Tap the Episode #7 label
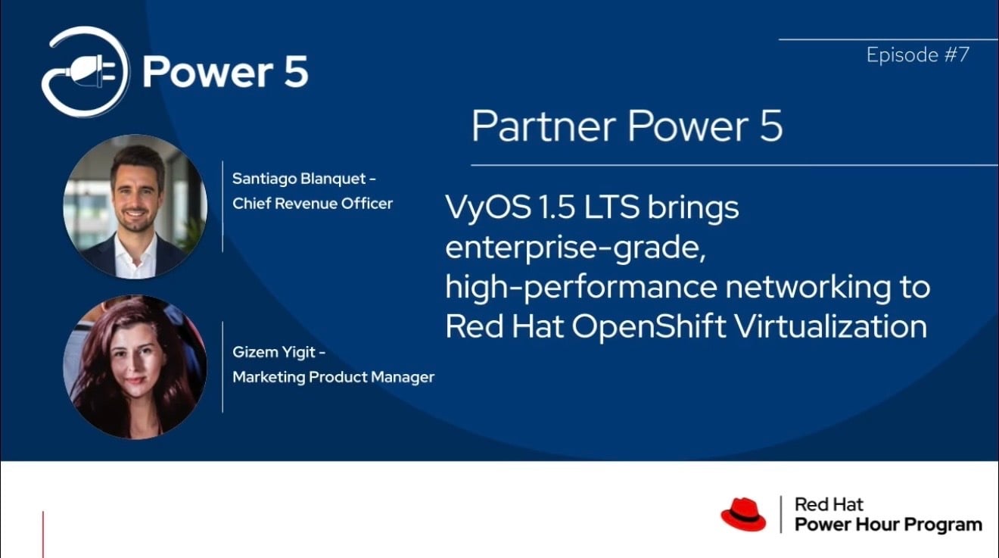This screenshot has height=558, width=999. click(917, 55)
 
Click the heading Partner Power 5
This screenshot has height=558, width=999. click(627, 126)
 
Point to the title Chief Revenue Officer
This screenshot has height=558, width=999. click(313, 203)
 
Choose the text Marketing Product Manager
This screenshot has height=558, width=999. click(333, 376)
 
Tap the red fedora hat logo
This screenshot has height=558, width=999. click(742, 514)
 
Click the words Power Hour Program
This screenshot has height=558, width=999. click(888, 524)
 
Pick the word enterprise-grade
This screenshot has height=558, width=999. click(575, 248)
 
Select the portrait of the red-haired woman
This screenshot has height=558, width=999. click(135, 366)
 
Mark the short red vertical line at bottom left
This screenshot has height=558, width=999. click(43, 535)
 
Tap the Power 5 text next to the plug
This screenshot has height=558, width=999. click(225, 73)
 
